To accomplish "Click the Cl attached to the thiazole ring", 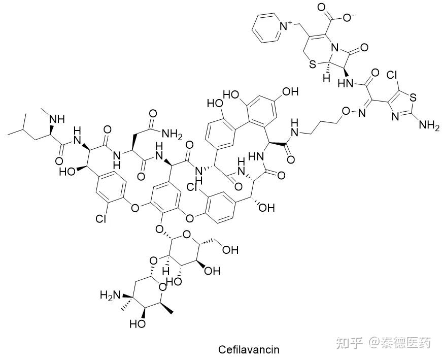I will click(x=392, y=75).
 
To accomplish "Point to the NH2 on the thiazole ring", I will click(x=427, y=126).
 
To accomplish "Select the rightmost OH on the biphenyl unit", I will click(x=289, y=92).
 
